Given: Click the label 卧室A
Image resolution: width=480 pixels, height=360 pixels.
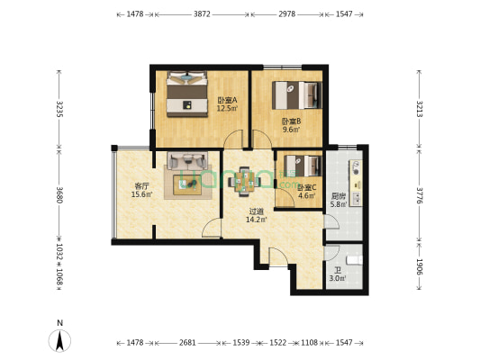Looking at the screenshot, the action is [x=228, y=100].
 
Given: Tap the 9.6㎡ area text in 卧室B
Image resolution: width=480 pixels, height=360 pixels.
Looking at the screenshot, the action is [x=291, y=130].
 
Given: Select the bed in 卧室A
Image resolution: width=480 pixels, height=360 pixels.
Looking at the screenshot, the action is [x=186, y=94].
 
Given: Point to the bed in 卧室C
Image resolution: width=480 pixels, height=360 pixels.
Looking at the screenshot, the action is [x=303, y=166].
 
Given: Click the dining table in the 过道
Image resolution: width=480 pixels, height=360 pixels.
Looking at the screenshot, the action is [x=244, y=181].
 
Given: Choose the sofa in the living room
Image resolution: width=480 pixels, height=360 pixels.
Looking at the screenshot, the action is [x=187, y=161].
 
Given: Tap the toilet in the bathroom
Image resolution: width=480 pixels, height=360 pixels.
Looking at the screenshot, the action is [x=355, y=260].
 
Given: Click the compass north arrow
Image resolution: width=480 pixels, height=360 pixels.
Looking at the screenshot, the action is [x=60, y=341].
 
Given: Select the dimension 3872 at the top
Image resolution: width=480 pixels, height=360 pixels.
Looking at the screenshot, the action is [x=202, y=14].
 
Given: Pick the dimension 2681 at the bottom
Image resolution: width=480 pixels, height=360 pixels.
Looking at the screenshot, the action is [x=187, y=343].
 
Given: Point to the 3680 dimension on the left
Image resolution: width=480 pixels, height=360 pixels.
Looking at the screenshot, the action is [x=59, y=194].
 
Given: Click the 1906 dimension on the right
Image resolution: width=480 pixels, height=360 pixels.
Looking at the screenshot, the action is [x=420, y=266].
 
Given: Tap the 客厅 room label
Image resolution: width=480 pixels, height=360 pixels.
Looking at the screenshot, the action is [x=141, y=185].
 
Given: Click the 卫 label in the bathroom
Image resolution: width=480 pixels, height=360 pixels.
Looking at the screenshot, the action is [x=338, y=270].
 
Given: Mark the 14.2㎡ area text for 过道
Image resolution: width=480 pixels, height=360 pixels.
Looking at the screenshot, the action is [x=257, y=220].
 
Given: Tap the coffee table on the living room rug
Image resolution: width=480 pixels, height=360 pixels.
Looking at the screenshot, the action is [x=187, y=184].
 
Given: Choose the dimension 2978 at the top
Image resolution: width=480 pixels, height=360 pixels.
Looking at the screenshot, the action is [x=287, y=14].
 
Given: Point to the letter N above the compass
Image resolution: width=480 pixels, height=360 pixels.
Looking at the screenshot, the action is [x=60, y=323].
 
